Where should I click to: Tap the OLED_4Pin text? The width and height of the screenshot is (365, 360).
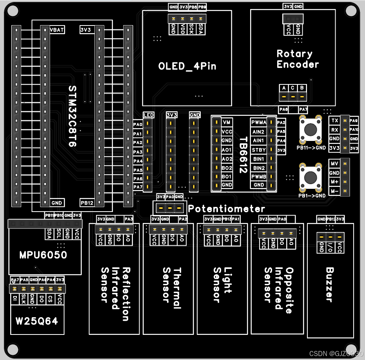click(187, 66)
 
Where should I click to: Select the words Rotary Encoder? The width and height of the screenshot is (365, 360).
click(295, 59)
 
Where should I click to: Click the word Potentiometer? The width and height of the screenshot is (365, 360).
click(226, 209)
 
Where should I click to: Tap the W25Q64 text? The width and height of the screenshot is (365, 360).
click(36, 321)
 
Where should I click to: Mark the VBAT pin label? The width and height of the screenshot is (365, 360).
click(57, 29)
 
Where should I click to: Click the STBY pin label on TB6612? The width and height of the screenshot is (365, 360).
click(259, 150)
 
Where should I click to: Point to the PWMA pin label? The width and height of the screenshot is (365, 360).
click(259, 122)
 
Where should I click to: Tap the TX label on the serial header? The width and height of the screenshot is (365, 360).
click(334, 121)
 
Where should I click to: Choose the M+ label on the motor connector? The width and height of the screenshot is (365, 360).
click(334, 182)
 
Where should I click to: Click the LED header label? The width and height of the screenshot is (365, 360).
click(148, 115)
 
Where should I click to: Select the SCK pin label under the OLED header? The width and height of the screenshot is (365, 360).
click(192, 29)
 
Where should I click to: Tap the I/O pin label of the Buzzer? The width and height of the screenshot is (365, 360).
click(330, 247)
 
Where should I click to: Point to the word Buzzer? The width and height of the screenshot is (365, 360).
click(330, 285)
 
